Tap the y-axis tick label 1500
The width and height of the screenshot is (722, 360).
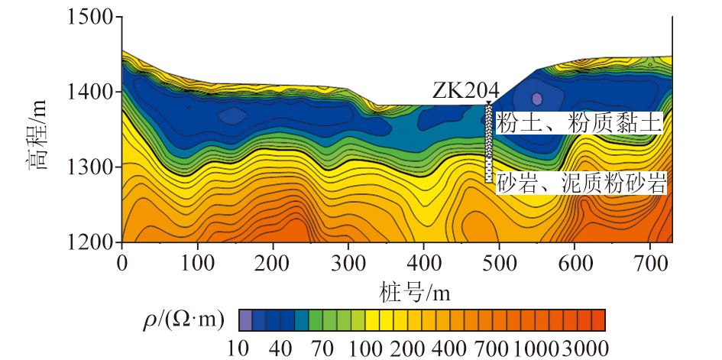pos(90,17)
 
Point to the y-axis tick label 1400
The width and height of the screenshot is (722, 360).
pos(90,92)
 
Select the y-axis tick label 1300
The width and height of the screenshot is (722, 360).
pos(90,167)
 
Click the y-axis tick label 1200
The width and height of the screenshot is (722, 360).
pos(90,242)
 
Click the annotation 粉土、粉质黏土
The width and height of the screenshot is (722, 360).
pos(578,123)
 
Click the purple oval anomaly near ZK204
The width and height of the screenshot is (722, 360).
pos(537,99)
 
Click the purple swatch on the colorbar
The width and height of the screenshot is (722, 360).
pos(245,319)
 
